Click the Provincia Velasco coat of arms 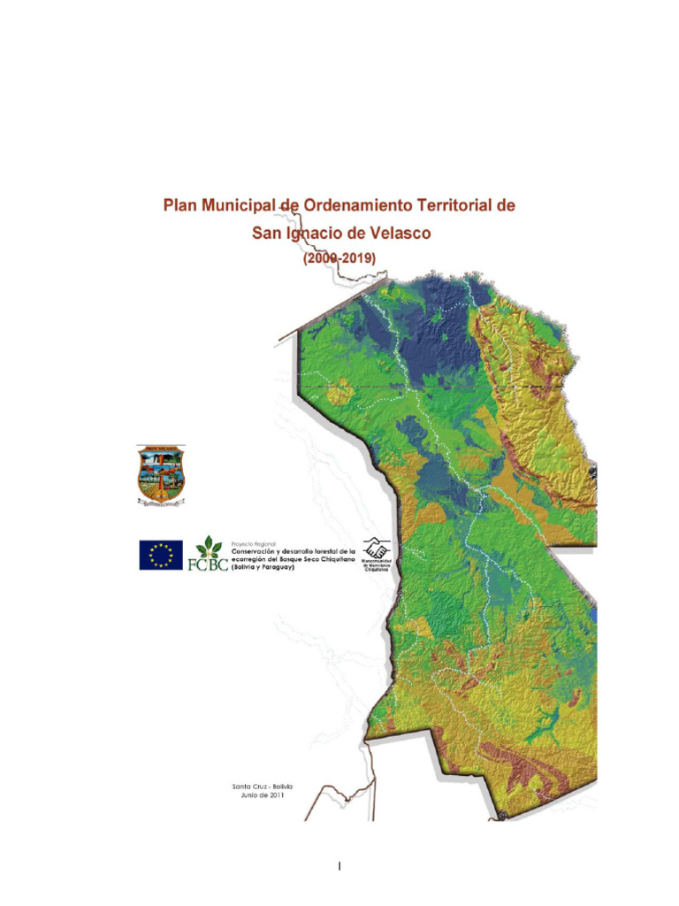(161, 476)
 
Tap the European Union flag (161, 555)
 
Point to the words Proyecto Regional (253, 541)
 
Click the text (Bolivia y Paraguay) (263, 566)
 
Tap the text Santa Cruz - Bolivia (262, 786)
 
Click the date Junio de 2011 (262, 795)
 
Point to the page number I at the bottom (339, 866)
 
